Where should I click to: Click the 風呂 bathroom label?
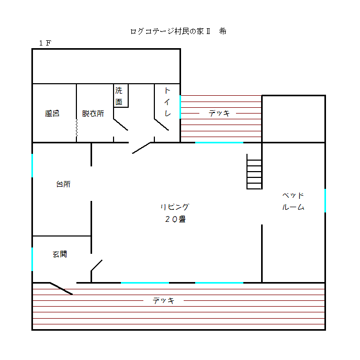52,114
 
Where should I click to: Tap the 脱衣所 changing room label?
93,114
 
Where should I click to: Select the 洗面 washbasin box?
121,96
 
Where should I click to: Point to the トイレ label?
167,102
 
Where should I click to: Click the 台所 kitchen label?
63,184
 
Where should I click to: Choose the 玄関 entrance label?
60,254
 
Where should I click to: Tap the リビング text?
175,207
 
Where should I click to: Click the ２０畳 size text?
175,219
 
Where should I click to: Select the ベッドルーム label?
293,201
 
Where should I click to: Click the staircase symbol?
254,172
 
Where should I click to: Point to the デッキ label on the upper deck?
219,113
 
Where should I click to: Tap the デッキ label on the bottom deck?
163,300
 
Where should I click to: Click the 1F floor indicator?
45,43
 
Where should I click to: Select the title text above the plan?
178,31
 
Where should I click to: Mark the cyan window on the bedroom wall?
325,200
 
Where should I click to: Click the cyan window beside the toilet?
180,107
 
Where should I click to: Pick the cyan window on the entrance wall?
32,259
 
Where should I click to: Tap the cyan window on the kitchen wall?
32,165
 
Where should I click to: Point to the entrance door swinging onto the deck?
61,288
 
